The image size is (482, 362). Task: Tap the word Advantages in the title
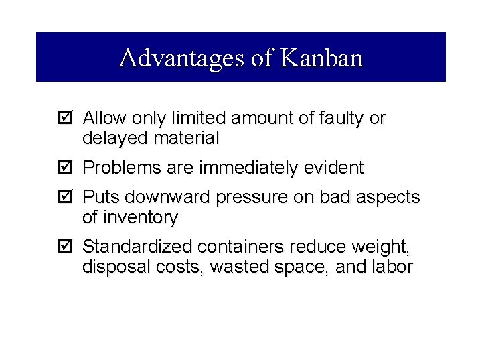pyautogui.click(x=183, y=58)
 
